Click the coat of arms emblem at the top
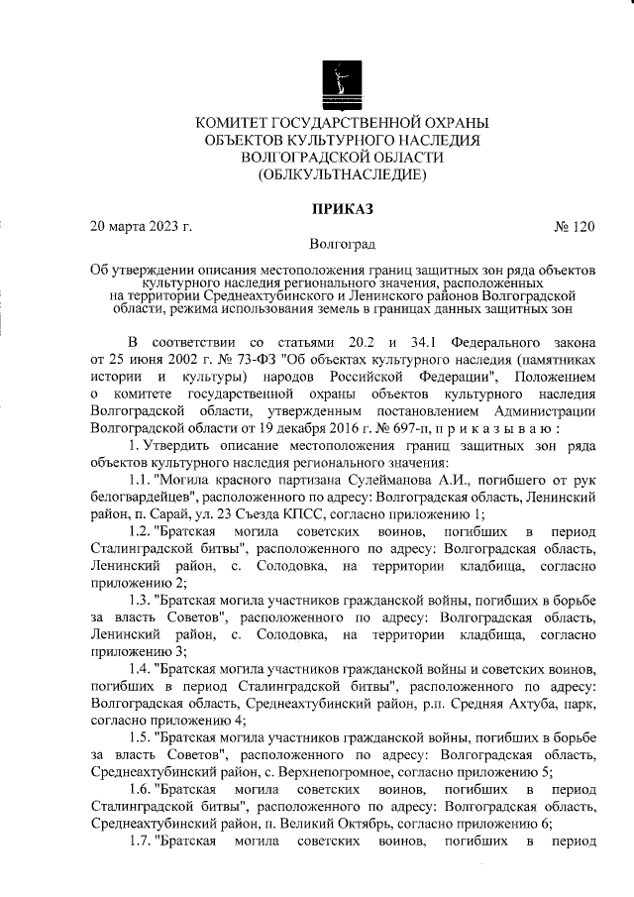click(343, 83)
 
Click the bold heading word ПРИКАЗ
click(343, 209)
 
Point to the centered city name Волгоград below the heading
click(343, 244)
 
